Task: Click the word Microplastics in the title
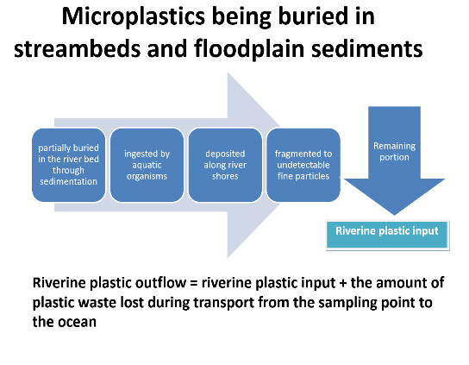coord(133,17)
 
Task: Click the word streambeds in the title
coord(78,48)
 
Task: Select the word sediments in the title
coord(367,49)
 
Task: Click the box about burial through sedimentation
coord(68,165)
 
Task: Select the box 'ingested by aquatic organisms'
coord(147,165)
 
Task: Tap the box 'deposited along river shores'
coord(225,165)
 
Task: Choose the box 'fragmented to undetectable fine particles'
coord(303,165)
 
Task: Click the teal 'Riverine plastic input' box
coord(387,235)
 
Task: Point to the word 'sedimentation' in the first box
coord(68,181)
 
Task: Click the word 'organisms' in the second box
coord(147,176)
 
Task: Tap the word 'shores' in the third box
coord(225,176)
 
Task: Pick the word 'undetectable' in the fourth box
coord(303,165)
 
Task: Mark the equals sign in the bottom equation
coord(194,283)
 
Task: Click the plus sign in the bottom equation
coord(343,283)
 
